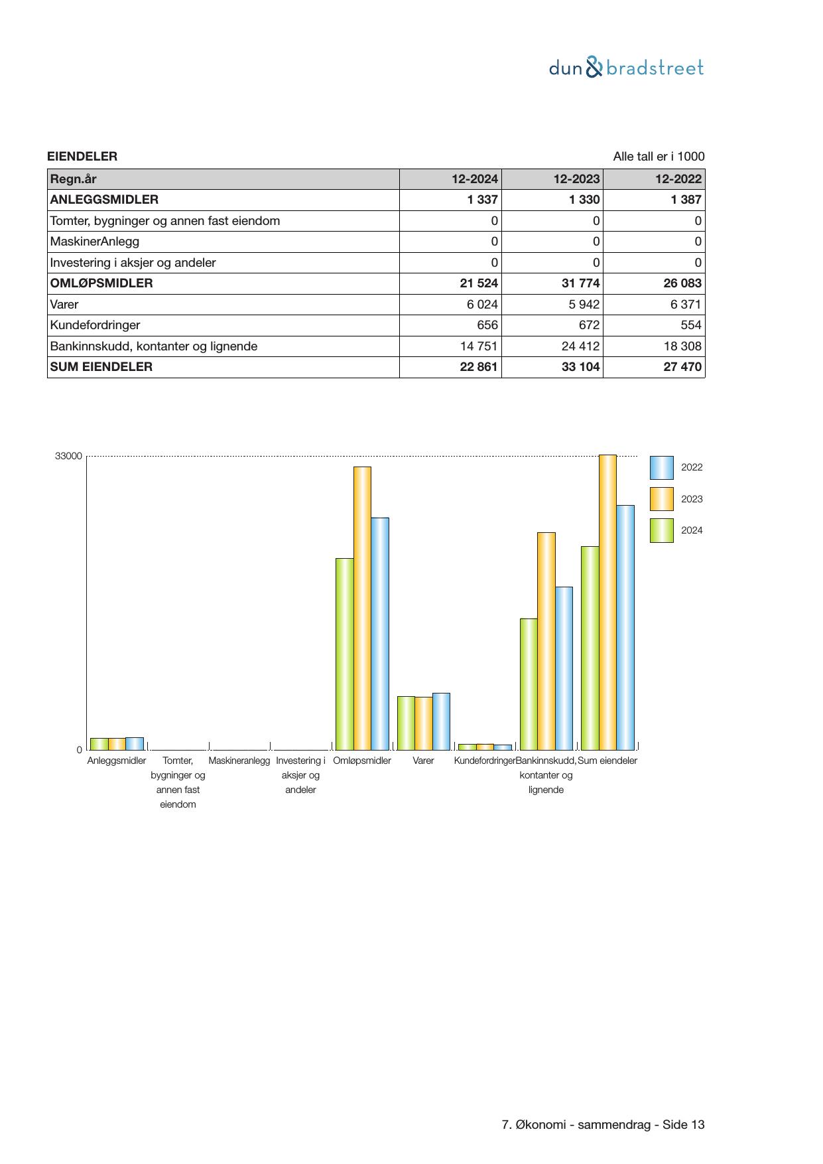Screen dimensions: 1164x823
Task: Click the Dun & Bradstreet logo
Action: coord(626,68)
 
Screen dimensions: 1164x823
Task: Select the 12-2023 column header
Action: coord(576,179)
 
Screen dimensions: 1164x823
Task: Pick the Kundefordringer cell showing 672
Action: coord(588,325)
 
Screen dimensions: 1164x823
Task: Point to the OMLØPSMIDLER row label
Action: coord(101,283)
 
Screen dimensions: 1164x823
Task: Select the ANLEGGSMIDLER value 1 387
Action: coord(686,200)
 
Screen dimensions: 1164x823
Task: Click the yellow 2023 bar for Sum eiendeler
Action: coord(607,602)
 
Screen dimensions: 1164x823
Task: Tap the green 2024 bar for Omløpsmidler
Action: coord(344,654)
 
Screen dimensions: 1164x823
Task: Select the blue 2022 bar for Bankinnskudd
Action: coord(564,668)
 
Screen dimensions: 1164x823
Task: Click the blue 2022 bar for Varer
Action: coord(441,721)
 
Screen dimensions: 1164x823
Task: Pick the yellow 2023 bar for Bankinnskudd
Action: coord(546,640)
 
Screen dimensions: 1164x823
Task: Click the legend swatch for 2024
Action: coord(661,530)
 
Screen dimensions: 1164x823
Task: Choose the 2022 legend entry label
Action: coord(692,467)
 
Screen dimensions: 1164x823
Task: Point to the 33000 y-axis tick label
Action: coord(68,456)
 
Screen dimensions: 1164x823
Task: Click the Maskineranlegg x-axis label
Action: coord(239,761)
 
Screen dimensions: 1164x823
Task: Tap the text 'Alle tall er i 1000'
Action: coord(659,157)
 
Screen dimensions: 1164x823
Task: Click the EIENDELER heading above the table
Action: coord(82,157)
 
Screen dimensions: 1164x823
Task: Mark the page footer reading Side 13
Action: coord(603,1125)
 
